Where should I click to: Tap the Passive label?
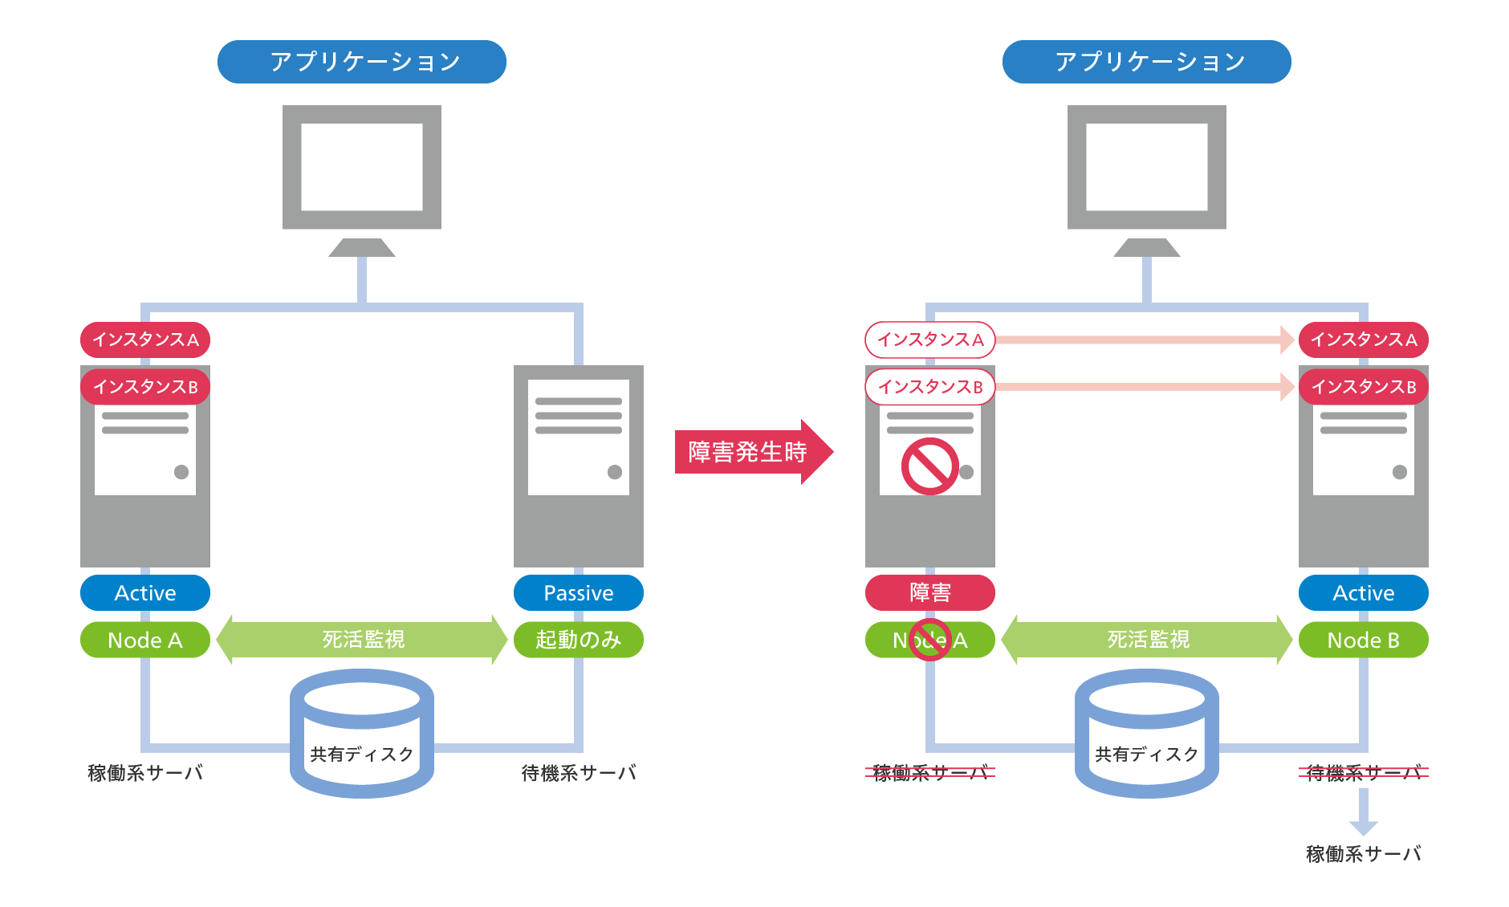tap(578, 593)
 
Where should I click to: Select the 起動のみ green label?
tap(578, 640)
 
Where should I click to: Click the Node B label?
tap(1363, 640)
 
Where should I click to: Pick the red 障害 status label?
tap(929, 593)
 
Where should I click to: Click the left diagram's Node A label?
tap(144, 640)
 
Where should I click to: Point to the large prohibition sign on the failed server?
tap(929, 466)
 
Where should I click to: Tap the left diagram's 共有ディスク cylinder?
tap(361, 734)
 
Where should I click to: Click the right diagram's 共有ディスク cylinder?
tap(1146, 734)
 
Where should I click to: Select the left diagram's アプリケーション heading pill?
tap(361, 62)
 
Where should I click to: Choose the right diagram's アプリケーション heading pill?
tap(1146, 62)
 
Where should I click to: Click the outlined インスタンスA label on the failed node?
tap(929, 340)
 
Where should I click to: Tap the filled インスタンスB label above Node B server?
tap(1363, 387)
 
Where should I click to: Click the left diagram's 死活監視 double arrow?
tap(361, 640)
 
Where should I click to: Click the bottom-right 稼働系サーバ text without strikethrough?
tap(1363, 854)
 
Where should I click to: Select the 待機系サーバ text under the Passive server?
tap(578, 773)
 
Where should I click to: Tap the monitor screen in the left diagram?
tap(361, 167)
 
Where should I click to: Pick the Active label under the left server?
tap(144, 593)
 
